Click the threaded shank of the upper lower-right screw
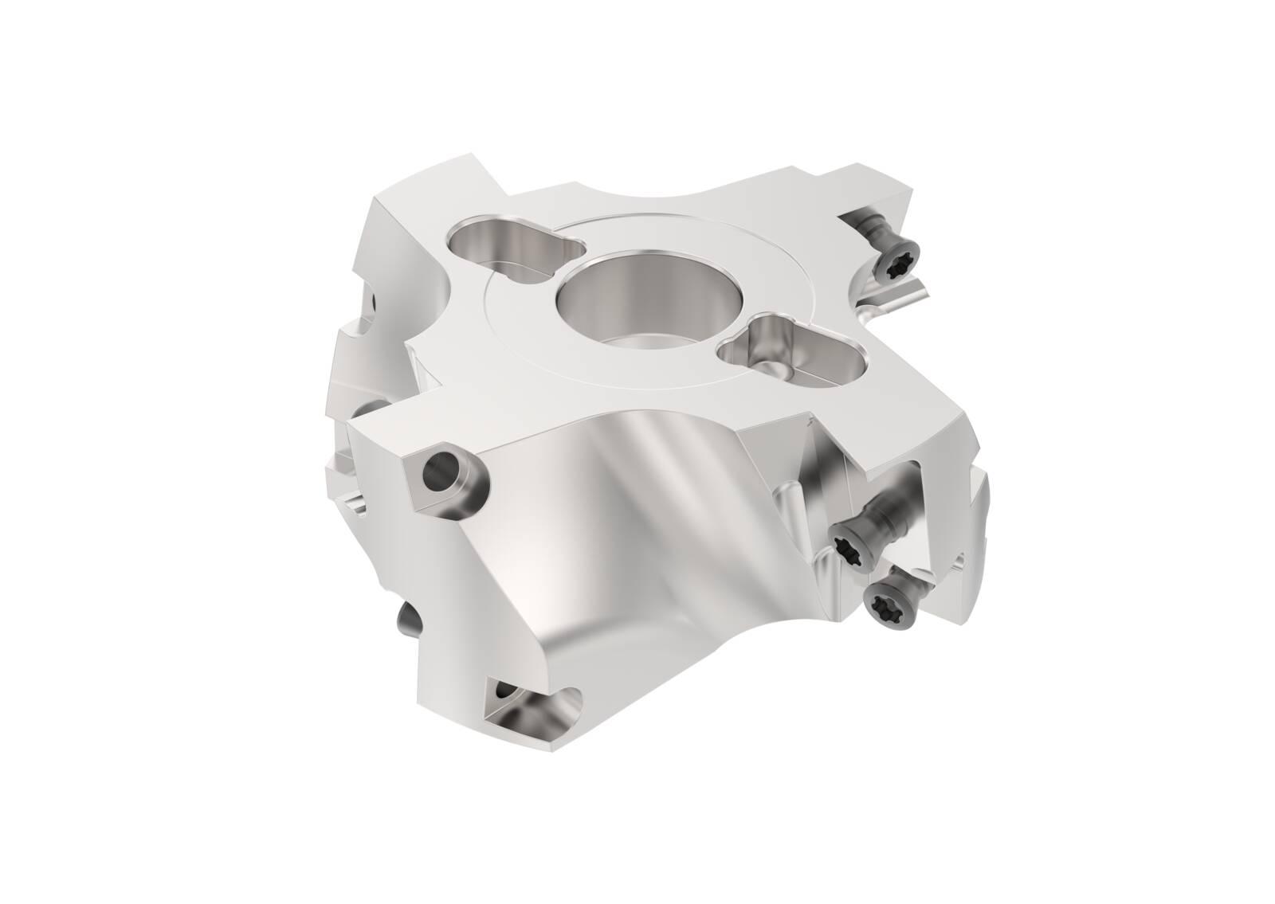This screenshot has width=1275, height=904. [x=889, y=514]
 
